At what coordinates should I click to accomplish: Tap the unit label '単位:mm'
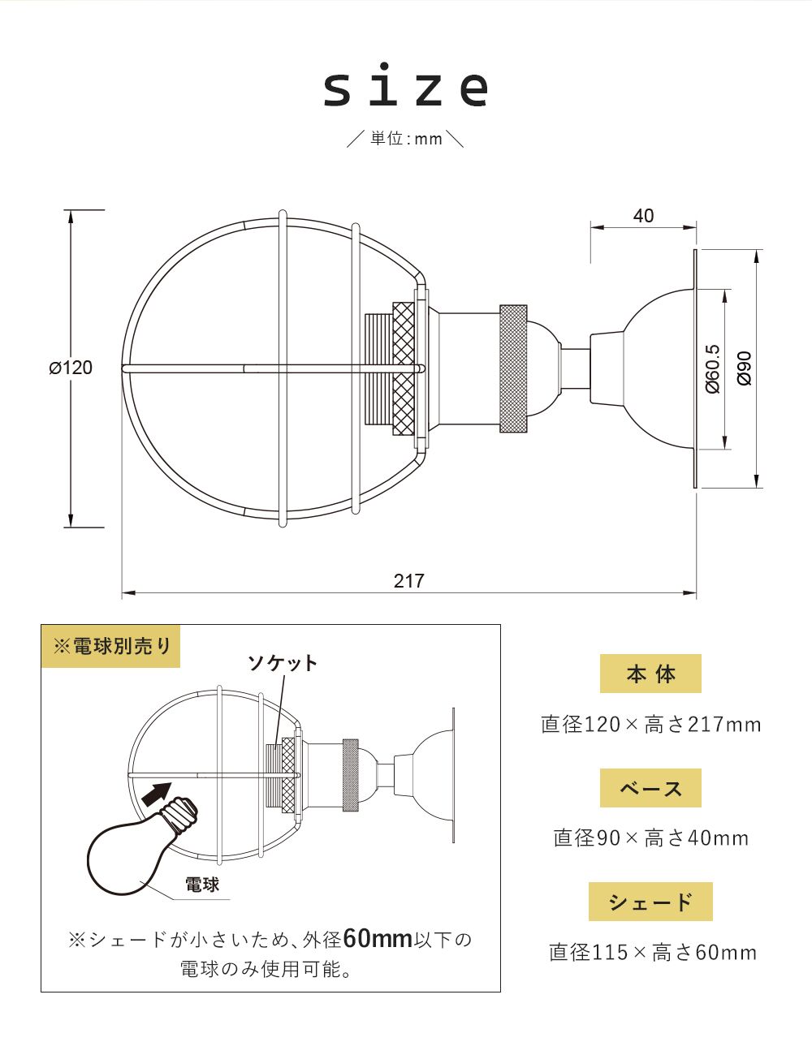(x=406, y=139)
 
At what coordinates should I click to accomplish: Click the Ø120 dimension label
(x=71, y=368)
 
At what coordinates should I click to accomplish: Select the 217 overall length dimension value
(x=409, y=581)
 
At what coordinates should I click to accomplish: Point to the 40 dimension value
(x=643, y=216)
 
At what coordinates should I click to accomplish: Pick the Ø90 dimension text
(x=745, y=368)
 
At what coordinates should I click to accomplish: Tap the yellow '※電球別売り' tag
(x=111, y=646)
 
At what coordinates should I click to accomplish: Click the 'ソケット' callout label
(x=283, y=663)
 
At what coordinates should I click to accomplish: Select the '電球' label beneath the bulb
(x=202, y=884)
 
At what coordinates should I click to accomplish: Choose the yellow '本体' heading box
(x=650, y=674)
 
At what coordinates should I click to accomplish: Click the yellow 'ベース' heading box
(x=650, y=788)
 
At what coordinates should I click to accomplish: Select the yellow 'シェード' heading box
(x=650, y=902)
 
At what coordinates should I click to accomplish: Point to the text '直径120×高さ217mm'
(x=651, y=724)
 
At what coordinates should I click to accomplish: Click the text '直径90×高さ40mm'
(x=651, y=837)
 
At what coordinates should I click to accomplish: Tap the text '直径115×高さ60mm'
(x=652, y=952)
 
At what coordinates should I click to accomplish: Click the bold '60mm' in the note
(x=378, y=939)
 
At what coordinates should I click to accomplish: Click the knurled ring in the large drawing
(x=513, y=368)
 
